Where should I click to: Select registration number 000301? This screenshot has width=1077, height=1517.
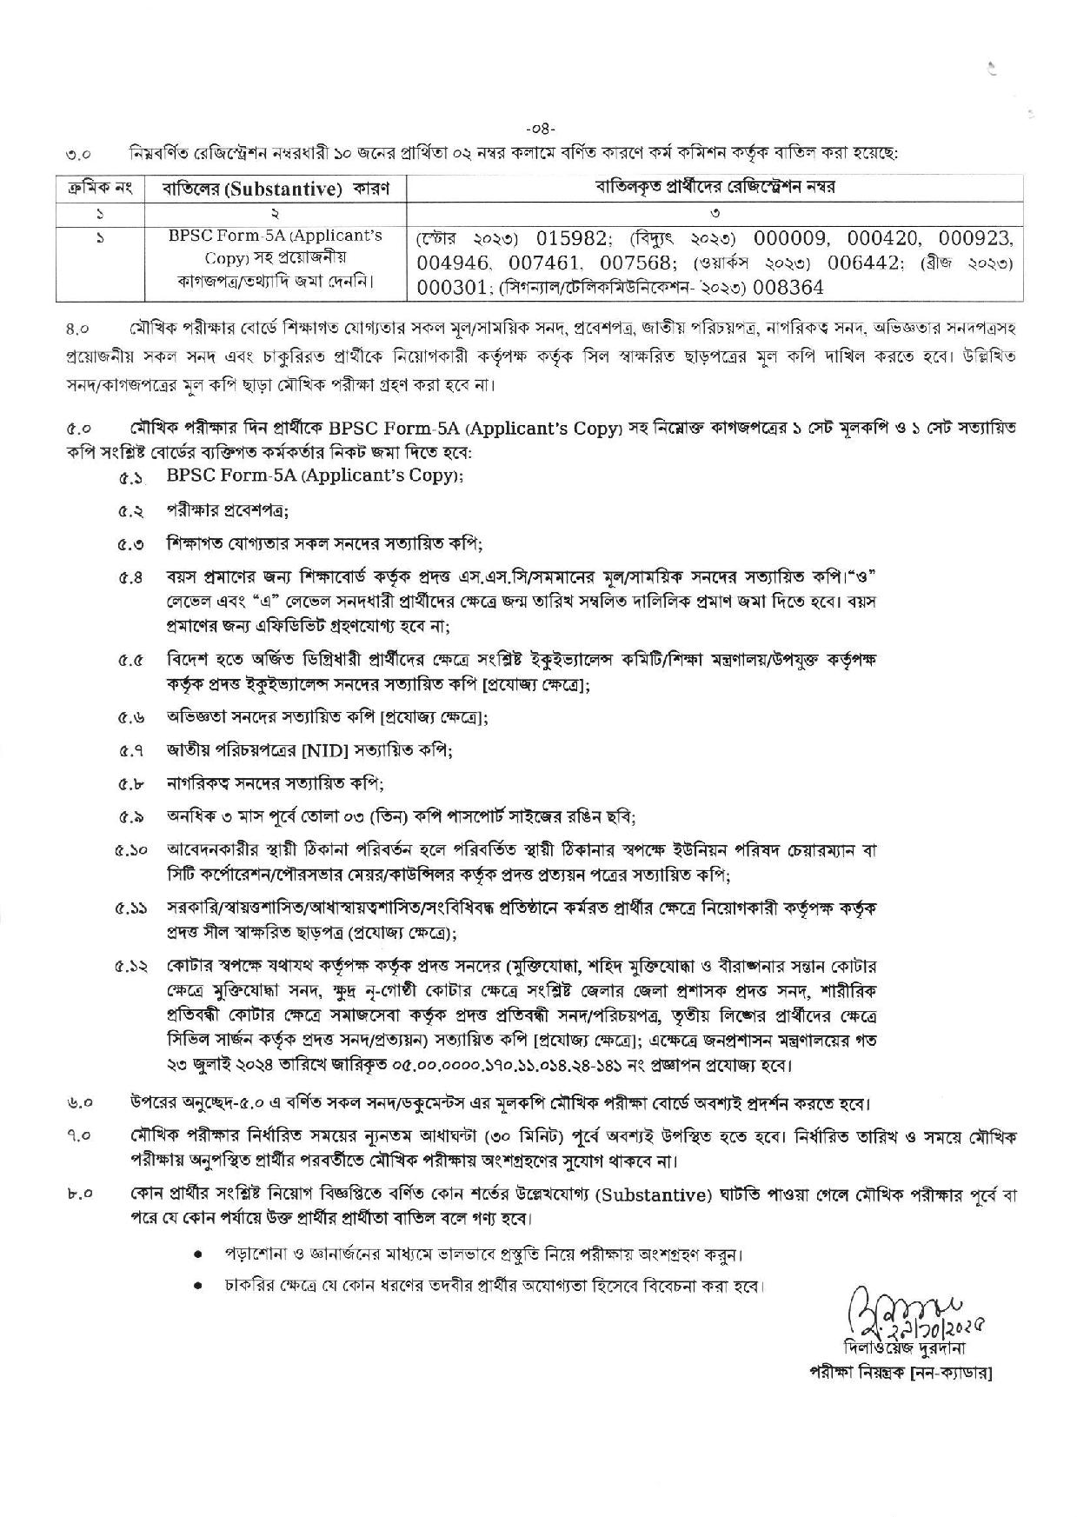[452, 286]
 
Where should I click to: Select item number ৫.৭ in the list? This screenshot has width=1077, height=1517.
[131, 750]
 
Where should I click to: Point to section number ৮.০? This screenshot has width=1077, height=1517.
[85, 1195]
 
